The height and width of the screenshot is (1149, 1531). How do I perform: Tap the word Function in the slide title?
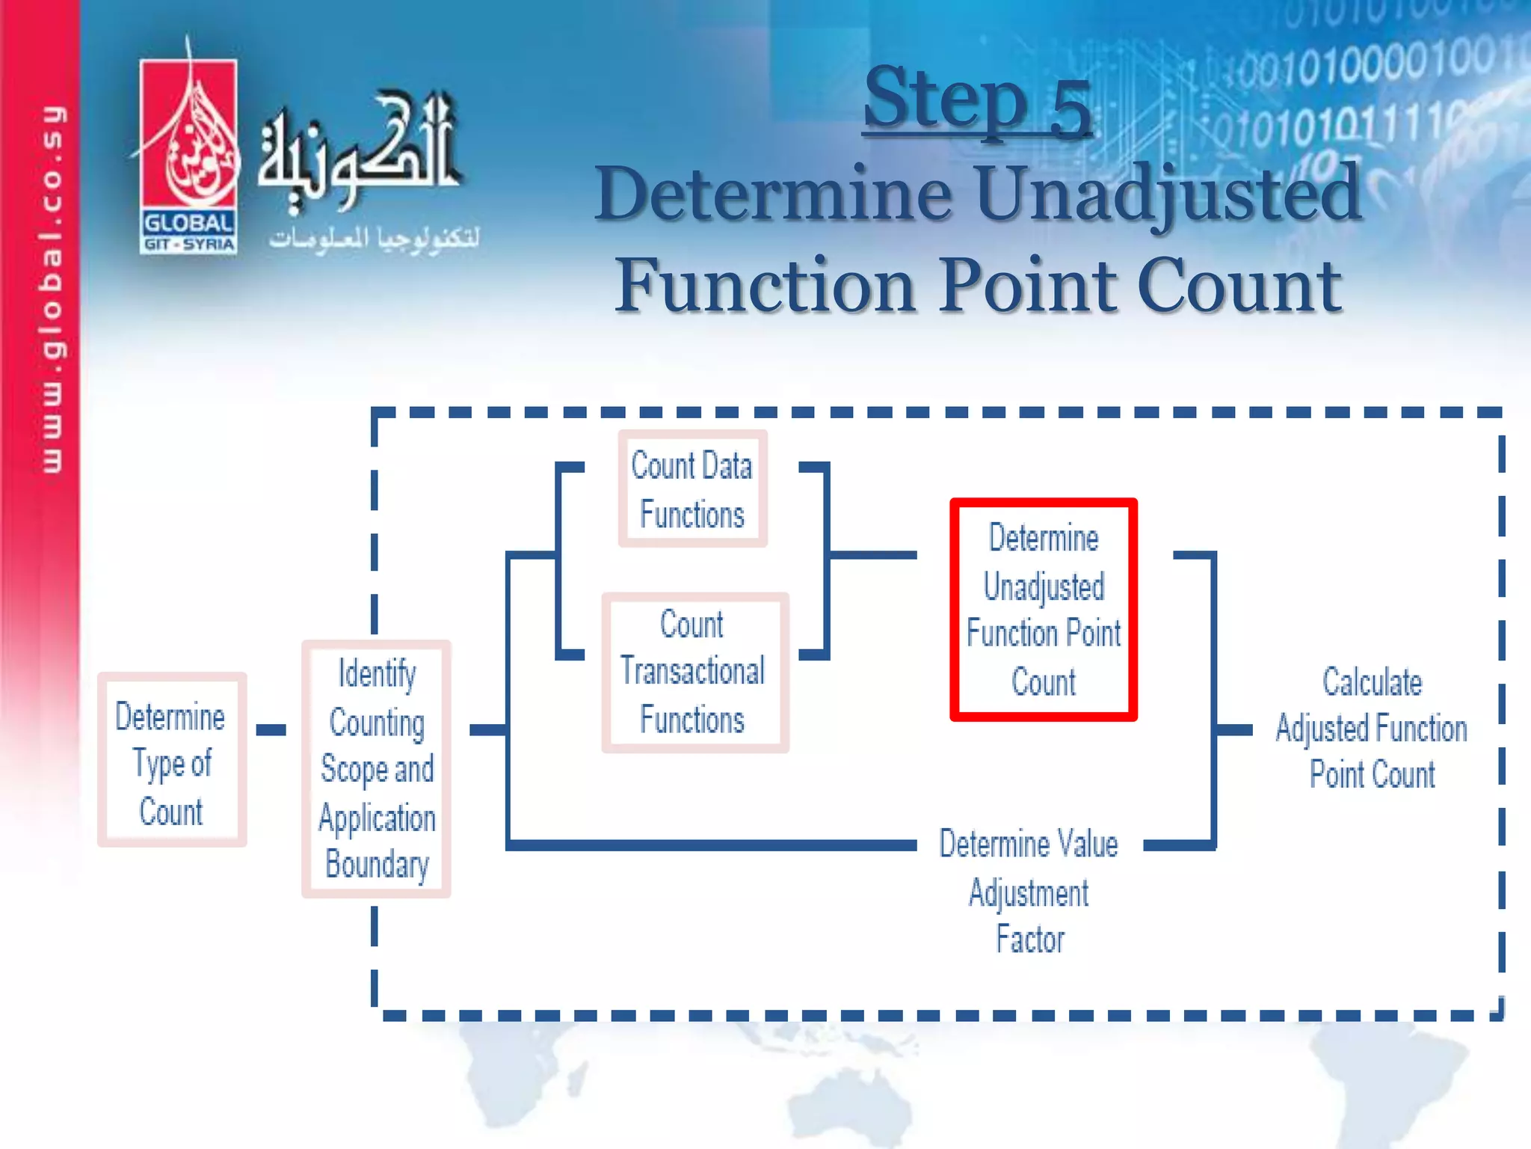click(765, 286)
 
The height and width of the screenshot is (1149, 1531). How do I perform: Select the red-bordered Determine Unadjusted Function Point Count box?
click(1044, 610)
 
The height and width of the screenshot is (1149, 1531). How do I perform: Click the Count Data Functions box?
click(692, 489)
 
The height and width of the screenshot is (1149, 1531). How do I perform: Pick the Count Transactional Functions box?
click(694, 672)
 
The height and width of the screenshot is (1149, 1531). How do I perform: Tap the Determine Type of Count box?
click(171, 760)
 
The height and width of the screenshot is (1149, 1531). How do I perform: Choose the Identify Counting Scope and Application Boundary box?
click(376, 769)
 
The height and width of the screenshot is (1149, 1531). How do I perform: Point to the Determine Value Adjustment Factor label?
click(1029, 890)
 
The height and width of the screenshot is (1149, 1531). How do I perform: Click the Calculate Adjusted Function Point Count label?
click(1371, 728)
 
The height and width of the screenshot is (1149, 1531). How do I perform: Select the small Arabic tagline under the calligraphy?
click(374, 238)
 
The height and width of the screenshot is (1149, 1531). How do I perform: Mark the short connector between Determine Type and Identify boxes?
click(271, 729)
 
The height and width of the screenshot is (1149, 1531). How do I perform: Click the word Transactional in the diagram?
click(692, 671)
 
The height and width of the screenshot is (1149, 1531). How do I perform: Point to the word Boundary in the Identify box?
click(377, 865)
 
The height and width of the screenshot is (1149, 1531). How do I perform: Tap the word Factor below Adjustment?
click(1029, 940)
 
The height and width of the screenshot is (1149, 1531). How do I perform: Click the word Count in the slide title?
click(1239, 286)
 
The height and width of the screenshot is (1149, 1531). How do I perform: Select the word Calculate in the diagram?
click(1372, 681)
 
